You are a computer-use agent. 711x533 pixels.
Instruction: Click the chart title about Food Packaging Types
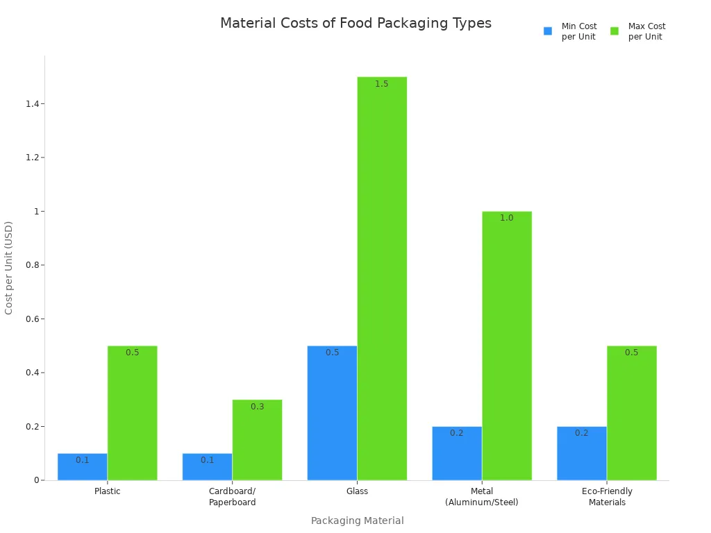(x=355, y=24)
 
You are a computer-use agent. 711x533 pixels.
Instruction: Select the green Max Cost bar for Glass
(x=382, y=278)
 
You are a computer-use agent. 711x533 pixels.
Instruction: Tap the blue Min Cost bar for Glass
(x=332, y=413)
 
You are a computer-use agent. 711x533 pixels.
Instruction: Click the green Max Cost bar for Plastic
(x=132, y=413)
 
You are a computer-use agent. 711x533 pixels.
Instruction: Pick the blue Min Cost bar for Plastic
(x=82, y=466)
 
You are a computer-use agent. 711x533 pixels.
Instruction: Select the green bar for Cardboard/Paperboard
(x=257, y=440)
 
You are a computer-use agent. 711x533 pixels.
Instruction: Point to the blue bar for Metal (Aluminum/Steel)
(x=457, y=453)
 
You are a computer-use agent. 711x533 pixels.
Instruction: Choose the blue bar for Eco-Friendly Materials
(x=582, y=453)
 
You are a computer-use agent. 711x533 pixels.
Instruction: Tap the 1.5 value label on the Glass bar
(x=382, y=84)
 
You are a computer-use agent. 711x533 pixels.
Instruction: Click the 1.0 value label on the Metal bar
(x=507, y=218)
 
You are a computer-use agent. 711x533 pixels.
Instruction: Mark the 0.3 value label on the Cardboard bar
(x=257, y=407)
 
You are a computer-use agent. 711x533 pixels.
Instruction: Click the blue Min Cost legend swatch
(x=548, y=31)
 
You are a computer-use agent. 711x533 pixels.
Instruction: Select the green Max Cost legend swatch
(x=614, y=31)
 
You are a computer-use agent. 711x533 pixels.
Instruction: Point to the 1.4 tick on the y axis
(x=31, y=104)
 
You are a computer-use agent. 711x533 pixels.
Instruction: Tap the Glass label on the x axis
(x=357, y=491)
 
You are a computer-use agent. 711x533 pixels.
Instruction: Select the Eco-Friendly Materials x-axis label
(x=607, y=497)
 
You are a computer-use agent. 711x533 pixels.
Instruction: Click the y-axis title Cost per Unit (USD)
(x=9, y=267)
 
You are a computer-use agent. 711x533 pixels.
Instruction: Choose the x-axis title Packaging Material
(x=357, y=521)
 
